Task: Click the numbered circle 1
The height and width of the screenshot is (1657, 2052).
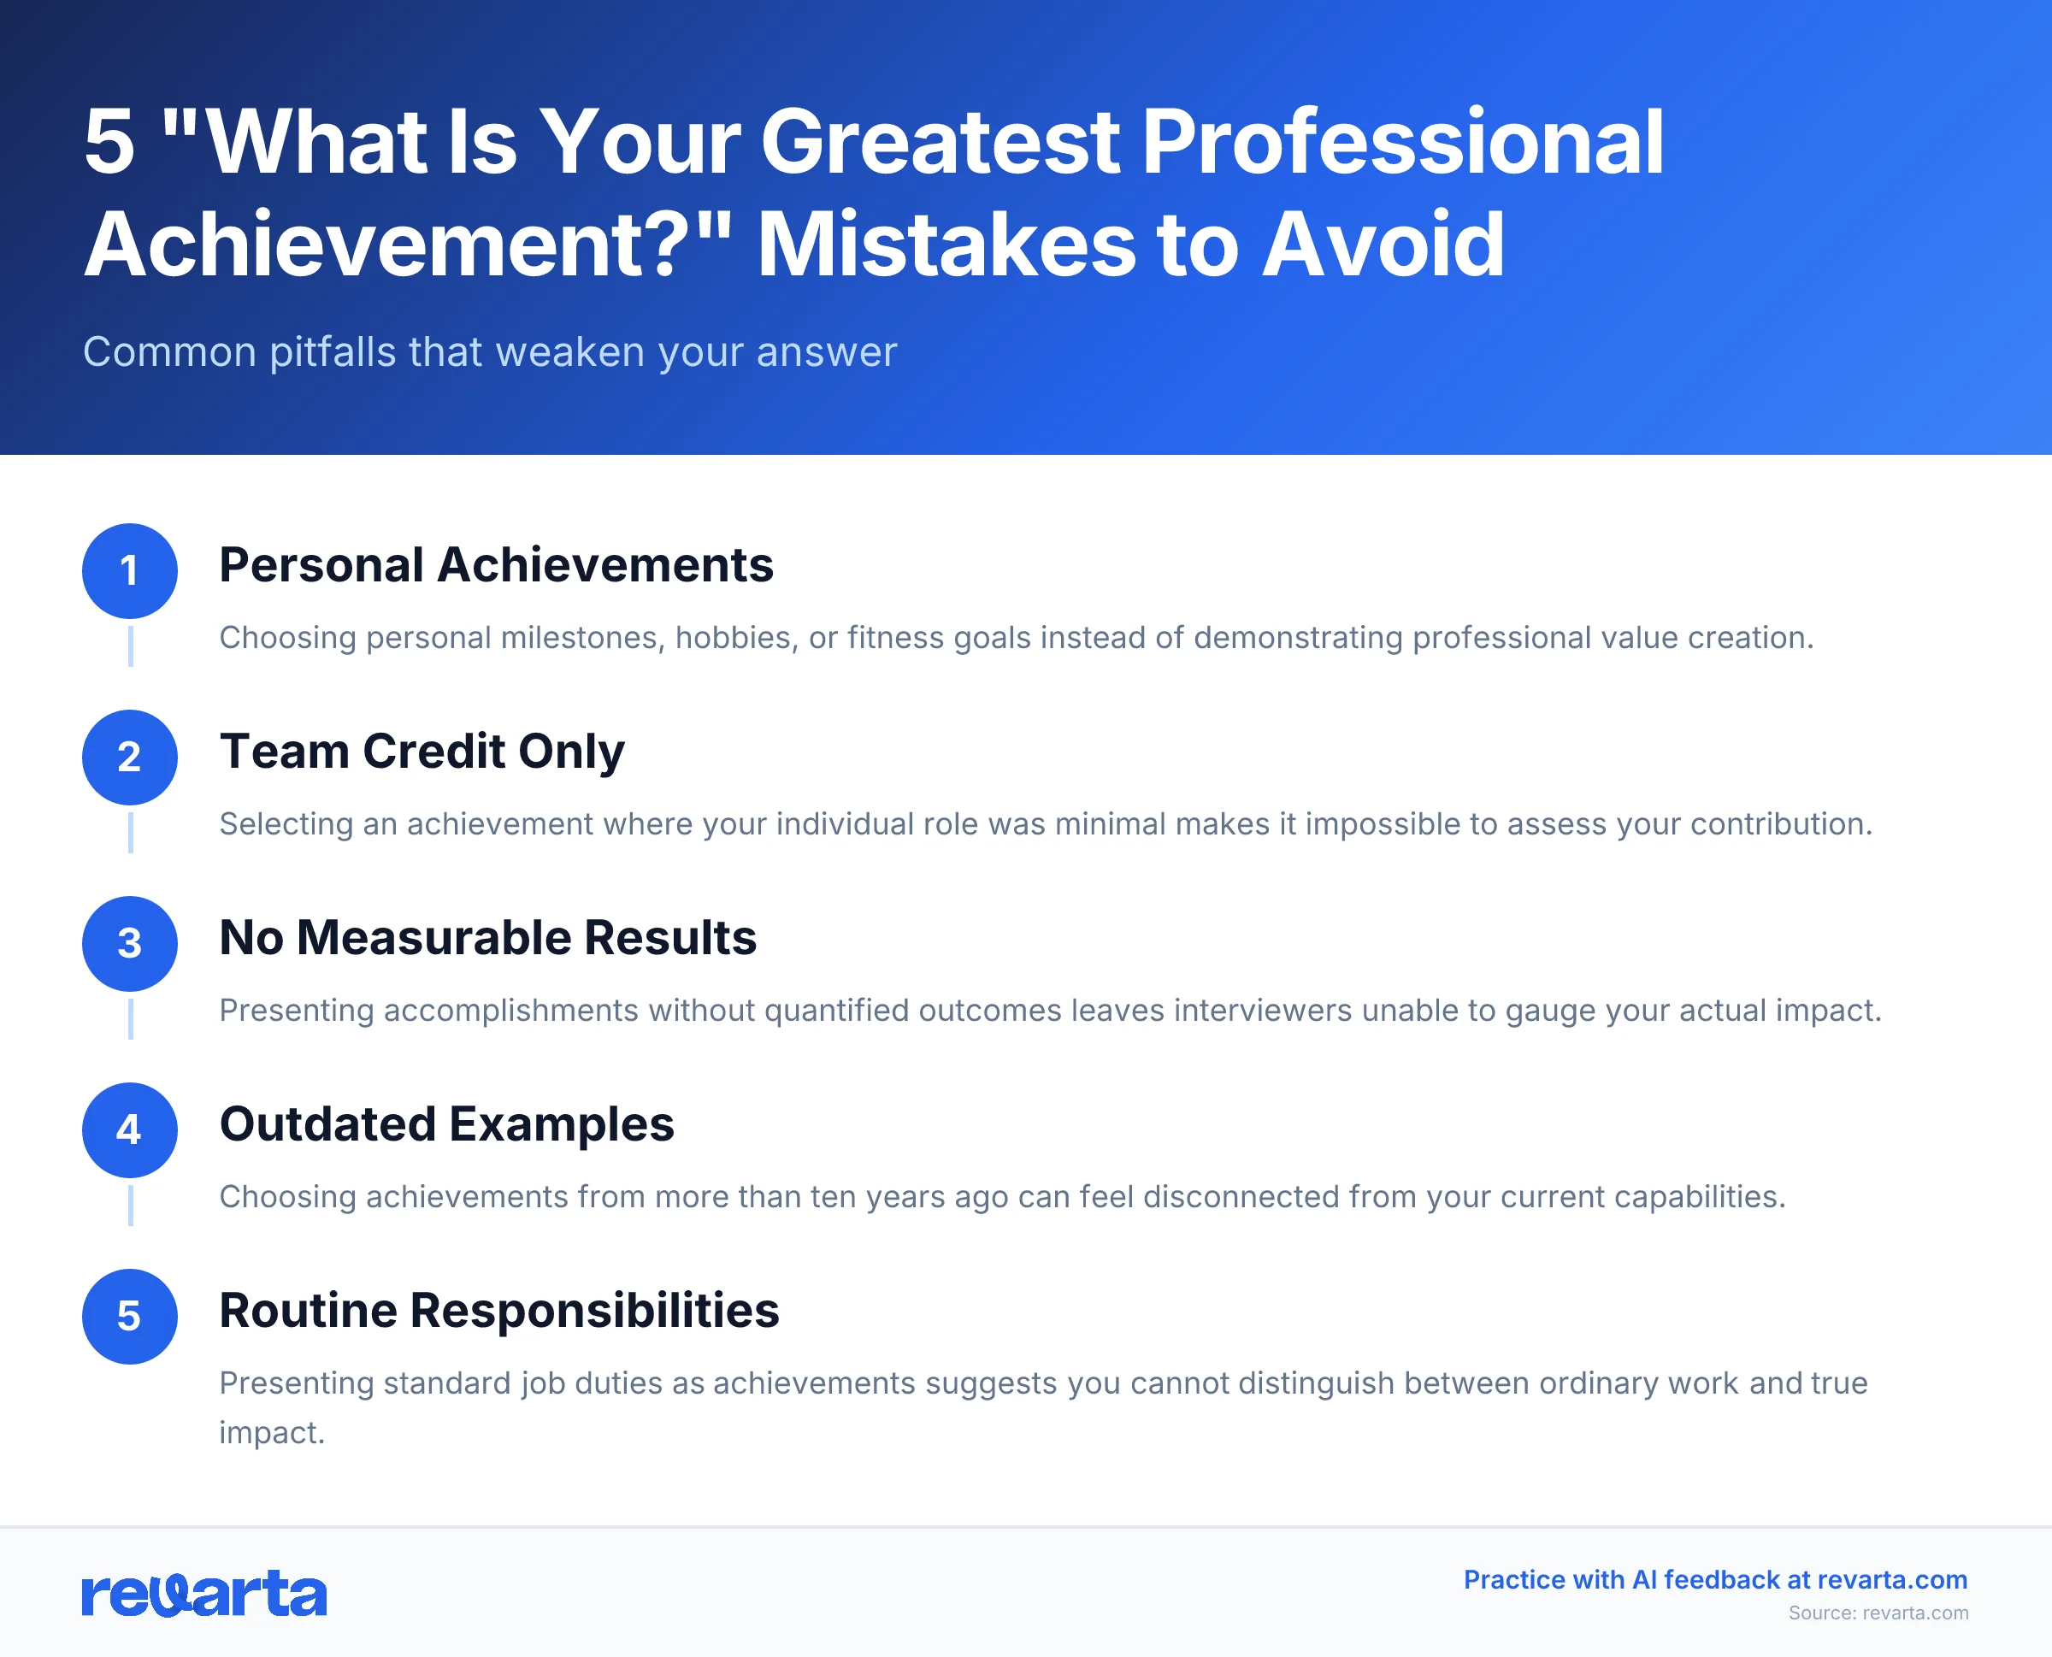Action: pyautogui.click(x=130, y=571)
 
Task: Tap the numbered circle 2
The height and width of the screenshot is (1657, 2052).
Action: pyautogui.click(x=130, y=757)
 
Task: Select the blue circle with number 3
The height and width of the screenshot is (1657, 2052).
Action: pyautogui.click(x=130, y=943)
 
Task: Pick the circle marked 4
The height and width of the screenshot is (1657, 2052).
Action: pyautogui.click(x=130, y=1130)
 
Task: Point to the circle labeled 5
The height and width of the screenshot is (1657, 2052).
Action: pyautogui.click(x=130, y=1316)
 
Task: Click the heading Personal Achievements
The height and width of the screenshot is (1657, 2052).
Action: pyautogui.click(x=495, y=565)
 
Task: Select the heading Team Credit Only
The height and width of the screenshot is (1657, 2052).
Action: pyautogui.click(x=422, y=752)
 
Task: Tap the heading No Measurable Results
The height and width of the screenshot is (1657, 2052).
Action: pyautogui.click(x=487, y=937)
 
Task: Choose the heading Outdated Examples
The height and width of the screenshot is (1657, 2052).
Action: pyautogui.click(x=446, y=1123)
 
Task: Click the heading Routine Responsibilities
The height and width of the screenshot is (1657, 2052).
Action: pyautogui.click(x=499, y=1311)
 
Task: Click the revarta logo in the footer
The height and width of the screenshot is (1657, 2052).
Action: pyautogui.click(x=204, y=1593)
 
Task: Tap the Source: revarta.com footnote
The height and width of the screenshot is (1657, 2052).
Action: pyautogui.click(x=1878, y=1613)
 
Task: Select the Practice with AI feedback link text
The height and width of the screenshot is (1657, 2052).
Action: pyautogui.click(x=1715, y=1580)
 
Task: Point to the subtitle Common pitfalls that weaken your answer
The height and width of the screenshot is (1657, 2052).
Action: pyautogui.click(x=490, y=352)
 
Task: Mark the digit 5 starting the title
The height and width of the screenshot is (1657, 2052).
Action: pyautogui.click(x=109, y=142)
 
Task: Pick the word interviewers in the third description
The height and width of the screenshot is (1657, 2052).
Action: pyautogui.click(x=1261, y=1011)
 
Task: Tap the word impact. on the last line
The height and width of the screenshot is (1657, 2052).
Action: pyautogui.click(x=272, y=1433)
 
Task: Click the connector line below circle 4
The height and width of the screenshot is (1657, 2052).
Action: pyautogui.click(x=131, y=1206)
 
